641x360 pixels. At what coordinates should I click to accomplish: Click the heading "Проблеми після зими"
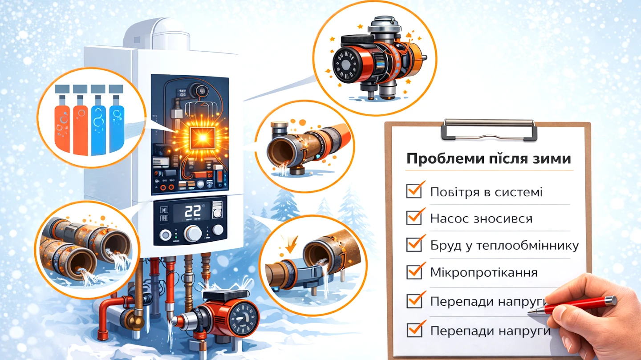click(x=488, y=158)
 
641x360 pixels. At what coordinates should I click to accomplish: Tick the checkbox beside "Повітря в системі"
click(x=414, y=191)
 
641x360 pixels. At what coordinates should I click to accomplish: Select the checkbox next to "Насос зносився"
click(x=414, y=218)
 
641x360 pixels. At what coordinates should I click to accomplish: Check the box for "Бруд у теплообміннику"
click(x=414, y=245)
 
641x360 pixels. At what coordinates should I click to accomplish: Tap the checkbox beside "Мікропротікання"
click(x=414, y=272)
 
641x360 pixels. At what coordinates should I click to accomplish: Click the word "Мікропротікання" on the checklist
click(x=484, y=272)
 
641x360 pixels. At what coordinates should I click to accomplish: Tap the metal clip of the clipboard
click(x=489, y=130)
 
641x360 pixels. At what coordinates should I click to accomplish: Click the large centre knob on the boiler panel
click(x=193, y=234)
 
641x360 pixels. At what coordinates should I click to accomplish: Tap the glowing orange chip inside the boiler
click(x=203, y=138)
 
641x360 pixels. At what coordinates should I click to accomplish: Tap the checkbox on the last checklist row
click(x=414, y=330)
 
